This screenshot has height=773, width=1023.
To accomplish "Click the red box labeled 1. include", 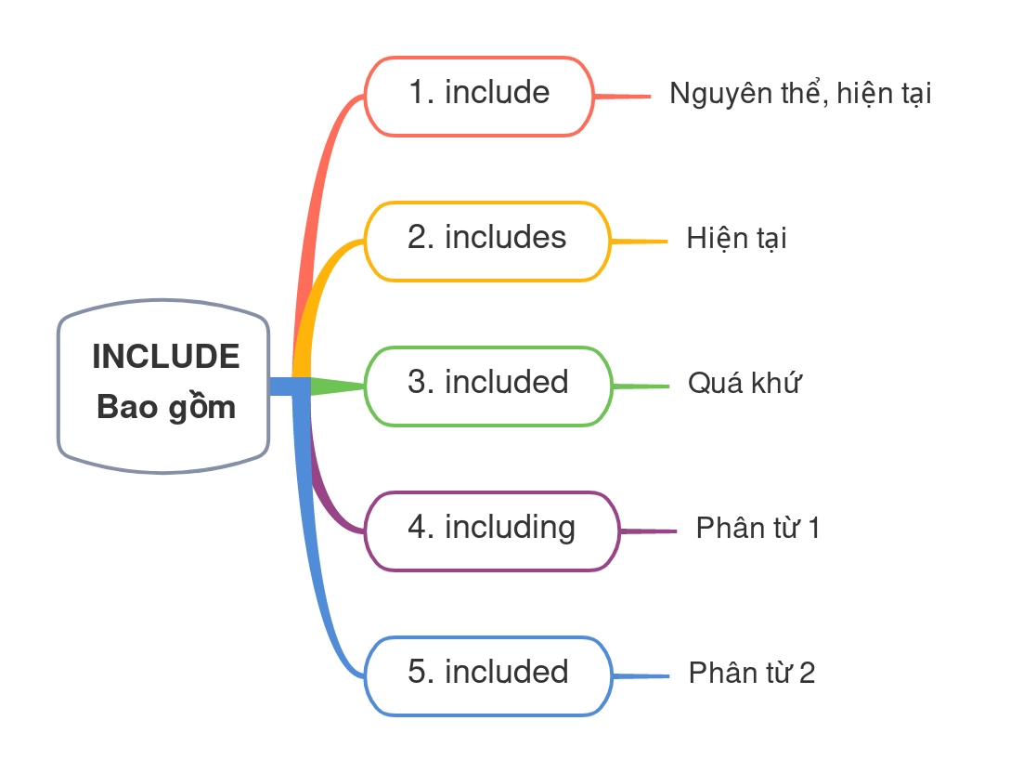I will point(479,96).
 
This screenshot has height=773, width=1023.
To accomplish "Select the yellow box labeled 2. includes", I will point(487,241).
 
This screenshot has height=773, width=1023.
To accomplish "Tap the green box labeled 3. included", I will point(488,386).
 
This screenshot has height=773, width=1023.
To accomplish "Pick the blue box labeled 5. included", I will point(488,675).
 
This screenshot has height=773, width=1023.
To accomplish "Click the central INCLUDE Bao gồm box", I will point(164,386).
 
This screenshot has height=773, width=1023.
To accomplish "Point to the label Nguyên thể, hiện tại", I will point(800,95).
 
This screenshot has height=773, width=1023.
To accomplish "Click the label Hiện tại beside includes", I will point(736,240).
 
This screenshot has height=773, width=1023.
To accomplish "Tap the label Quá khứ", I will point(744,384).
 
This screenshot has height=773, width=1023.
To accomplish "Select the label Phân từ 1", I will point(758,530).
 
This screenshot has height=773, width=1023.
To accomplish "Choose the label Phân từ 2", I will point(752,674).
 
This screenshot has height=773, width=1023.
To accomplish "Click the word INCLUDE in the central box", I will point(166,357).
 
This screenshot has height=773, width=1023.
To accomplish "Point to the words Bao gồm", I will point(166,408).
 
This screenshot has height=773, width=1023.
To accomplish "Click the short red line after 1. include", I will point(623,96).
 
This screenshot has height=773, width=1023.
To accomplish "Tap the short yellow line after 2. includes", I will point(640,241).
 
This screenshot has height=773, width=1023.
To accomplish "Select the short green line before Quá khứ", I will point(641,386).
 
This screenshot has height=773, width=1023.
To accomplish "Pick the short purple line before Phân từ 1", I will point(647,531).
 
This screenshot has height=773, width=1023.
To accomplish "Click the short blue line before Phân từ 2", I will point(641,675).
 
